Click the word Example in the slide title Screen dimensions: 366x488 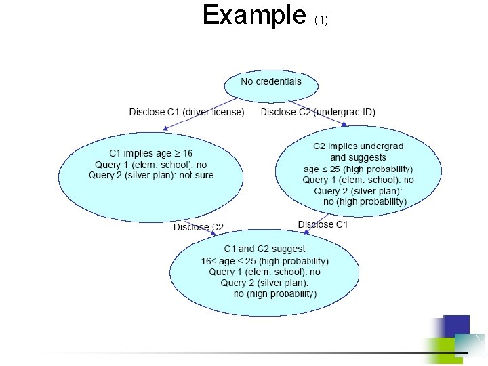tap(254, 15)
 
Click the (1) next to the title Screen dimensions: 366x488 tap(321, 20)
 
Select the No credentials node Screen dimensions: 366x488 tap(271, 82)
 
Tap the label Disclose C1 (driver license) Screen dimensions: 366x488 tap(186, 112)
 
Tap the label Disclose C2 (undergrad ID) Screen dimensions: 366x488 tap(318, 112)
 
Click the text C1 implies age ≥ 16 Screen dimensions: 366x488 tap(151, 153)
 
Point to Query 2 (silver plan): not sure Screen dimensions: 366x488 tap(151, 175)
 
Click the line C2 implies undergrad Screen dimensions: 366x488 tap(358, 146)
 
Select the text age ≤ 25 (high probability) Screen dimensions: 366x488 tap(358, 169)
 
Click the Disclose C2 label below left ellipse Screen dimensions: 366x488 tap(198, 227)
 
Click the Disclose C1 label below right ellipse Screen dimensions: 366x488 tap(323, 224)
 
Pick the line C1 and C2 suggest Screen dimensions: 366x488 tap(264, 249)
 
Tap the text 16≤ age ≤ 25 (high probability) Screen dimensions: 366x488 tap(264, 261)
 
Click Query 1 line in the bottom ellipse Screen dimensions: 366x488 tap(264, 272)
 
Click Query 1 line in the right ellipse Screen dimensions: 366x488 tap(358, 180)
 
